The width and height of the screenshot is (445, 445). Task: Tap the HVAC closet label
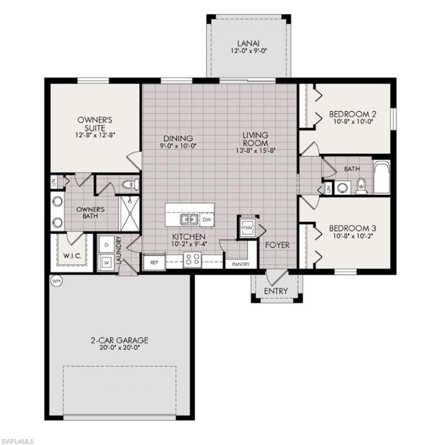pyautogui.click(x=247, y=227)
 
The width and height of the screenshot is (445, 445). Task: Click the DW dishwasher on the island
pyautogui.click(x=206, y=220)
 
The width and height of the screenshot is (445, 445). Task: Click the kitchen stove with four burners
pyautogui.click(x=192, y=259)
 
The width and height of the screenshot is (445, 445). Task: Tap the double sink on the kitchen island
pyautogui.click(x=189, y=220)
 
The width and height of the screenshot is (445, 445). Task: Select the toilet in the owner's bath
pyautogui.click(x=127, y=184)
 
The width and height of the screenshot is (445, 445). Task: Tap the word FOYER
pyautogui.click(x=276, y=245)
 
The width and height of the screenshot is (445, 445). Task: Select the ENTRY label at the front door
pyautogui.click(x=276, y=291)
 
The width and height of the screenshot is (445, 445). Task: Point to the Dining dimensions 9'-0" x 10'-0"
pyautogui.click(x=177, y=147)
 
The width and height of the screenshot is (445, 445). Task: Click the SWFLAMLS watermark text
pyautogui.click(x=17, y=440)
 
